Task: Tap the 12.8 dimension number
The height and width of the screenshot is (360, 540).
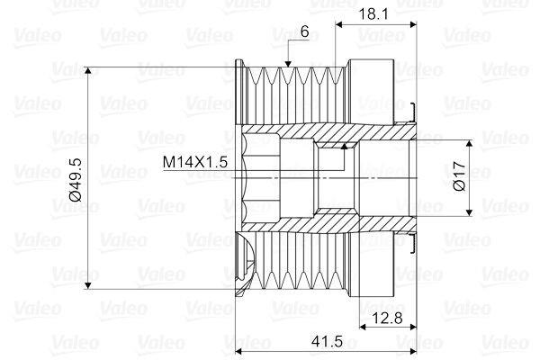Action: click(x=388, y=319)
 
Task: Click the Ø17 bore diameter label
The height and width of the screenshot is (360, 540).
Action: click(x=459, y=177)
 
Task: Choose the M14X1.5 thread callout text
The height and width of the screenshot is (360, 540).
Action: click(x=195, y=162)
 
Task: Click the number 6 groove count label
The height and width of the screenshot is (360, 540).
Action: click(x=304, y=31)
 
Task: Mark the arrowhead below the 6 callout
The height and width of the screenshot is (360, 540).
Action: click(x=288, y=63)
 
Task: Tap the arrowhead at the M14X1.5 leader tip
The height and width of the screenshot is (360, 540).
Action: click(x=344, y=147)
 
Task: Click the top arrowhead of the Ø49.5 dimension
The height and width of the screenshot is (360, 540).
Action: click(x=88, y=70)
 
